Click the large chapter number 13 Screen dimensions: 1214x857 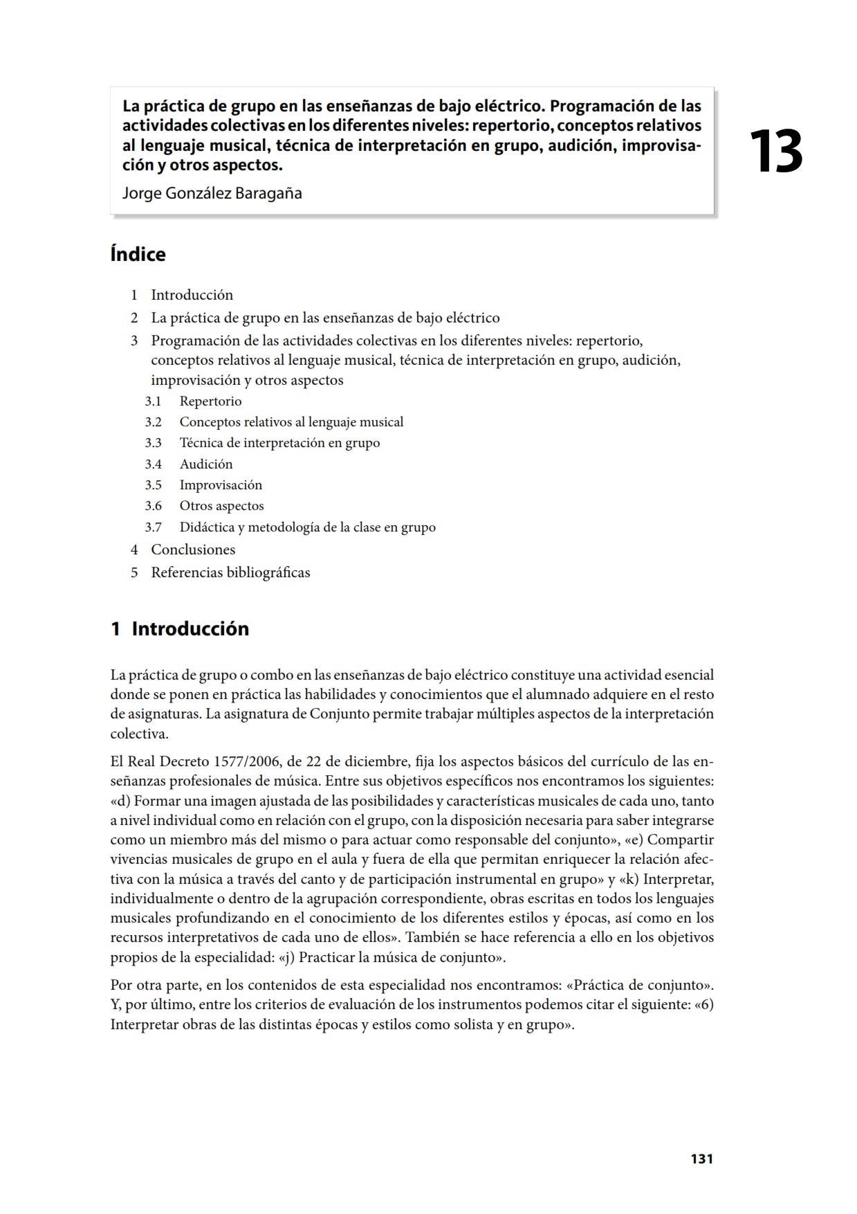pyautogui.click(x=775, y=152)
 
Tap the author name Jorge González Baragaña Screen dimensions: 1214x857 pyautogui.click(x=212, y=193)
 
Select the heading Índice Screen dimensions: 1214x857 pyautogui.click(x=138, y=255)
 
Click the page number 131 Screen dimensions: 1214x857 pyautogui.click(x=701, y=1159)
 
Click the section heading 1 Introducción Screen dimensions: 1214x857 pyautogui.click(x=180, y=629)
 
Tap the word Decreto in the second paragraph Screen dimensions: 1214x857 pyautogui.click(x=184, y=762)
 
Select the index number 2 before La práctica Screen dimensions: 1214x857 pyautogui.click(x=134, y=318)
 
